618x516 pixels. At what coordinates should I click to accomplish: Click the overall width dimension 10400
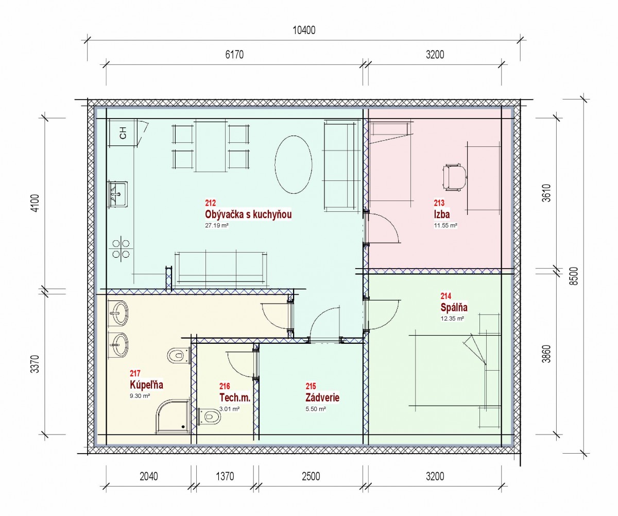[304, 30]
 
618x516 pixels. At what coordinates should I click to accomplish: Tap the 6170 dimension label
[234, 55]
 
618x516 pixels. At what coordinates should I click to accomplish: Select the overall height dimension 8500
[574, 276]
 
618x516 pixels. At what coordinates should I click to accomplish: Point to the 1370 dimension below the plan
[225, 476]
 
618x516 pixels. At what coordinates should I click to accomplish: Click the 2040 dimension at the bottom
[149, 476]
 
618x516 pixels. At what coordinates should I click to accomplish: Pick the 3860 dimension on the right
[547, 354]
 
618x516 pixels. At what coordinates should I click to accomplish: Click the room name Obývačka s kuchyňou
[248, 214]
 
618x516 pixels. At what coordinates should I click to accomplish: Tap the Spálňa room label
[454, 307]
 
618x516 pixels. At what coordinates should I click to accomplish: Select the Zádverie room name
[322, 397]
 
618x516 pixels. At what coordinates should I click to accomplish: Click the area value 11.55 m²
[445, 225]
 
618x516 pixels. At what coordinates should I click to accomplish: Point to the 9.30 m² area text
[140, 396]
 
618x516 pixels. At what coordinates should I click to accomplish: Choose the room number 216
[225, 386]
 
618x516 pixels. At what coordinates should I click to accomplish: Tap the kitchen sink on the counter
[117, 194]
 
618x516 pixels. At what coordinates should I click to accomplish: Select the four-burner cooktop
[121, 249]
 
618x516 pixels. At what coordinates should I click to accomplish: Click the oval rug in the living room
[294, 164]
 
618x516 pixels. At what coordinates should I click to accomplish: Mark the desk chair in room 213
[455, 177]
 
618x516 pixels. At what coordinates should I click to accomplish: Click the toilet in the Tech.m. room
[209, 417]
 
